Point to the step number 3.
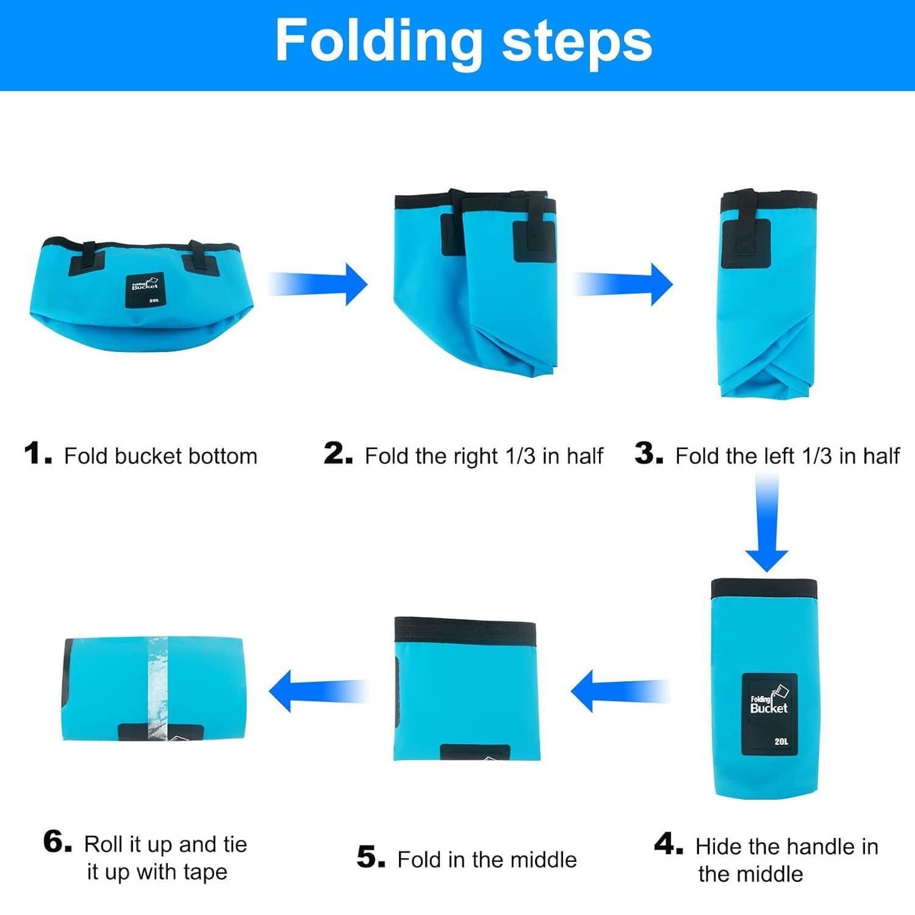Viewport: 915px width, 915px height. point(648,453)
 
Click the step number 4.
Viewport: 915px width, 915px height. point(669,844)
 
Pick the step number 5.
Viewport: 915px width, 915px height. point(371,857)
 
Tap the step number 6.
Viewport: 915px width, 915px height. point(58,841)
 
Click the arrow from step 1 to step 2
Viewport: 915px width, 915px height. point(318,284)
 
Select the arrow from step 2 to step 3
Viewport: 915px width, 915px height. point(623,284)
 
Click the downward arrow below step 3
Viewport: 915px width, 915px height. point(767,522)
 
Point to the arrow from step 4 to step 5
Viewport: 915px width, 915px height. point(620,691)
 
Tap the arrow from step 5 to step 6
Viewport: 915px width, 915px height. point(319,691)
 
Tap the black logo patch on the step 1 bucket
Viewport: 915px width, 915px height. point(145,290)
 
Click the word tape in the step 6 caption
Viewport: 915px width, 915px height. point(205,872)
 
